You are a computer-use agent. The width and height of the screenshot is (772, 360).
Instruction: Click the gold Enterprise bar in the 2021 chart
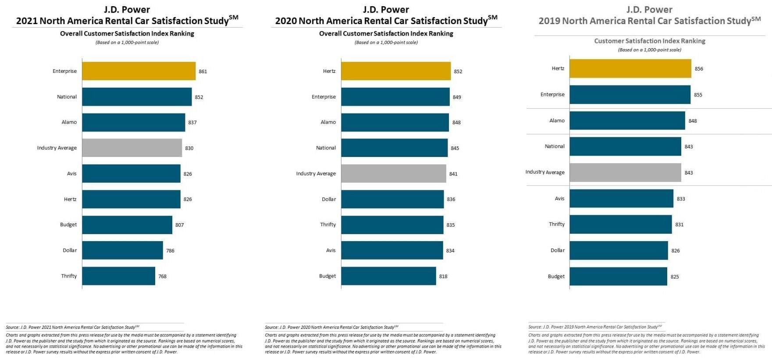(x=139, y=71)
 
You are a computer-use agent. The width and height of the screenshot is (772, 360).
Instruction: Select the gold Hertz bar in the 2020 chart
(x=395, y=71)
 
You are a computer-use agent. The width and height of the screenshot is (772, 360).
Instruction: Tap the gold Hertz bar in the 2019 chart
(x=630, y=68)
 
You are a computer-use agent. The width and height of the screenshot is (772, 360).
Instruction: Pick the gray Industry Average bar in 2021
(x=132, y=148)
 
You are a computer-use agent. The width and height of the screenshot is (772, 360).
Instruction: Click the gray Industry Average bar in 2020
(x=393, y=174)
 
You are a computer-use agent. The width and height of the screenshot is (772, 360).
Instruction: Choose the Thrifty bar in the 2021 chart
(x=118, y=276)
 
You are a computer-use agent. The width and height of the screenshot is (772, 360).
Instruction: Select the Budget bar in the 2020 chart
(x=388, y=276)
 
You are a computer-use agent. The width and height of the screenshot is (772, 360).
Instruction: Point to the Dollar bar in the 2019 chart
(x=619, y=250)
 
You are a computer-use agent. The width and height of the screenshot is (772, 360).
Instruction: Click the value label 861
(x=203, y=71)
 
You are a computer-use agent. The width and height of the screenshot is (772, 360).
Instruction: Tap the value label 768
(x=162, y=276)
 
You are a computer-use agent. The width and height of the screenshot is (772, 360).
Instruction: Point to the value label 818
(x=443, y=276)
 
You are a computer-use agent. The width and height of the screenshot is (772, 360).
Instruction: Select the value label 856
(x=699, y=69)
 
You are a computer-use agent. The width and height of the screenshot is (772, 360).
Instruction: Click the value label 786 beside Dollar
(x=170, y=251)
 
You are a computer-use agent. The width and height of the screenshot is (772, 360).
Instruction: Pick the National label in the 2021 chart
(x=67, y=97)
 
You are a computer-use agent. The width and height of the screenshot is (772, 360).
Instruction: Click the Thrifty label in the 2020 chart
(x=328, y=225)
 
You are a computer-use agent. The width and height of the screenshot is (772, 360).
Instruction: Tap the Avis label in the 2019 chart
(x=559, y=199)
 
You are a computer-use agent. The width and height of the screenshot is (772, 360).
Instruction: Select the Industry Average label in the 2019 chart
(x=545, y=172)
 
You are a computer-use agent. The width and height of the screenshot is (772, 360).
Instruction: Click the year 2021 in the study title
(x=27, y=21)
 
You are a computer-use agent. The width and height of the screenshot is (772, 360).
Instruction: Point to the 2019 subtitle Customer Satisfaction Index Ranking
(x=650, y=41)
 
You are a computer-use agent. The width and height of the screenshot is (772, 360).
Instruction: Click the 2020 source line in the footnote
(x=331, y=327)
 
